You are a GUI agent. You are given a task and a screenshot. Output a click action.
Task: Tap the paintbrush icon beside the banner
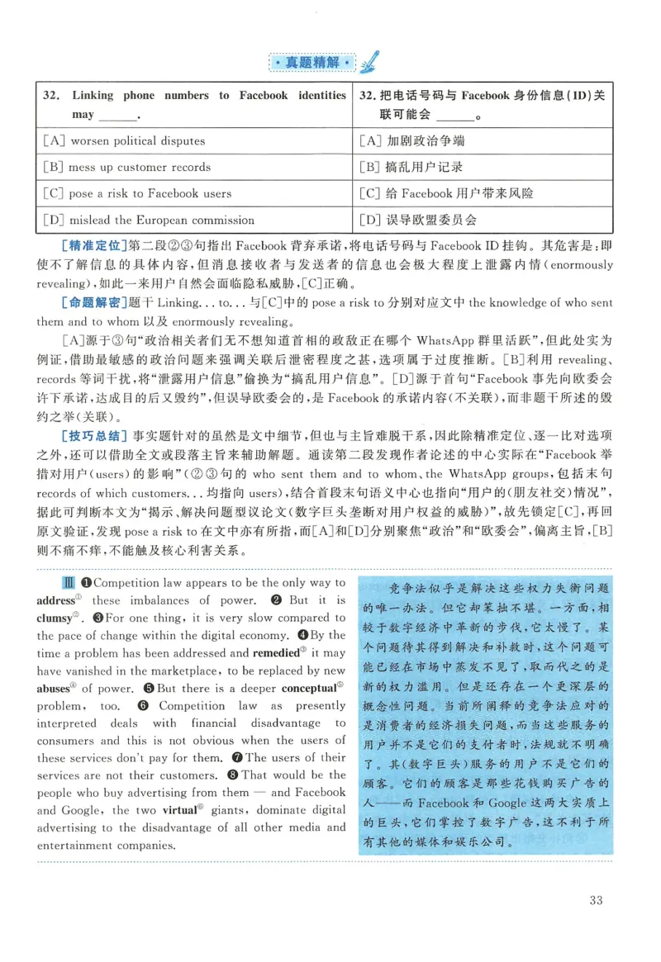coord(369,60)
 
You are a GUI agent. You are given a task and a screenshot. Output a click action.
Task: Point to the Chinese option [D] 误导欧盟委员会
coord(418,220)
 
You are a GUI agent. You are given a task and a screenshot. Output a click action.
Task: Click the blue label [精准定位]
coord(91,246)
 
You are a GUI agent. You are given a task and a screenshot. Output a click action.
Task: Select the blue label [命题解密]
coord(91,302)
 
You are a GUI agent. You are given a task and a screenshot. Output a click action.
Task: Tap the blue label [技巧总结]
coord(91,434)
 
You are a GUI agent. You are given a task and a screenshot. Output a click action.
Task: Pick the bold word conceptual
coord(310,688)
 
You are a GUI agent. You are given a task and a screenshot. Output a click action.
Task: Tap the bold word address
coord(55,599)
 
